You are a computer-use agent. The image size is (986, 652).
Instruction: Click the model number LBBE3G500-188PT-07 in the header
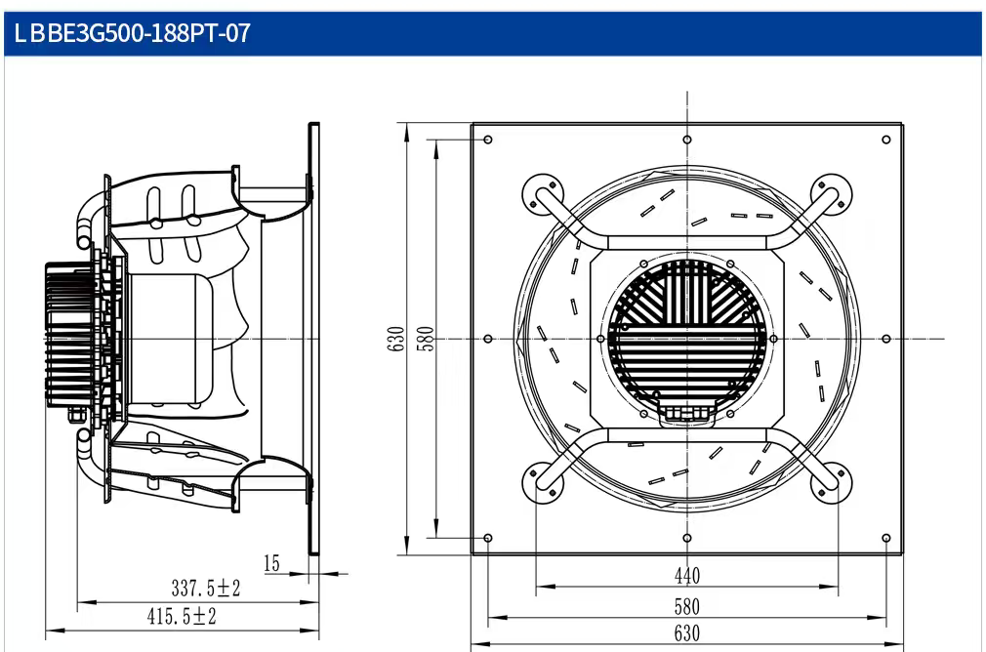click(132, 32)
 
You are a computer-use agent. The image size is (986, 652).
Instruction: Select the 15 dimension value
click(271, 563)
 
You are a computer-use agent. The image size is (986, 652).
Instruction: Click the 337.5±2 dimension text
click(206, 589)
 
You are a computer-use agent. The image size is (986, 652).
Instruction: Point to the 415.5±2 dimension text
click(182, 616)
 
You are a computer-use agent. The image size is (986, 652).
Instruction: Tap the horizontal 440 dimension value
click(686, 575)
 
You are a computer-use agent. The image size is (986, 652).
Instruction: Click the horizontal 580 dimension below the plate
click(686, 607)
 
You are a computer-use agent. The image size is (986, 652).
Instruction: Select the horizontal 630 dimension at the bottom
click(686, 633)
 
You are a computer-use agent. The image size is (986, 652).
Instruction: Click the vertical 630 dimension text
click(396, 339)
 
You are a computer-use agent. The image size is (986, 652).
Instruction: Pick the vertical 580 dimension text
click(426, 339)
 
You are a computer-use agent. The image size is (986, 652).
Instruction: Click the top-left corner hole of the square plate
click(488, 140)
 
